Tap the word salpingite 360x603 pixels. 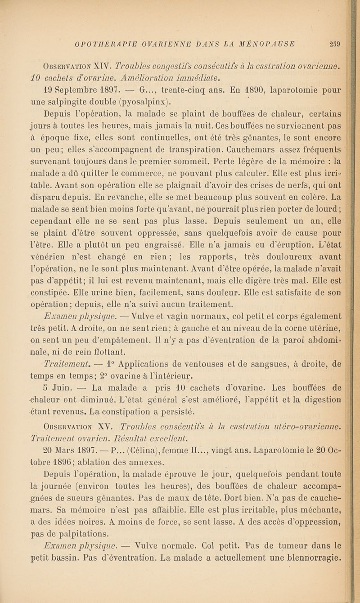pos(94,87)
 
